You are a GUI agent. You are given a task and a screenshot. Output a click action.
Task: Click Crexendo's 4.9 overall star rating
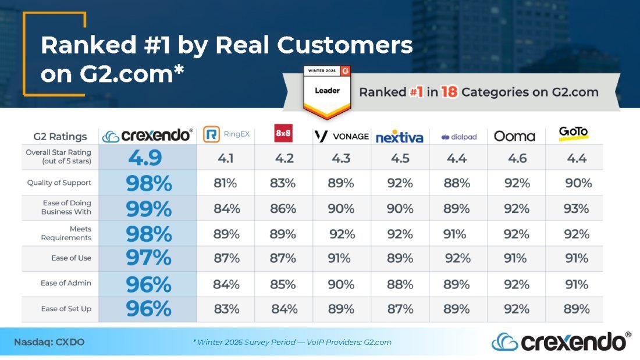point(145,158)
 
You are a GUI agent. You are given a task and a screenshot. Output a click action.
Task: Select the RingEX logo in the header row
point(226,134)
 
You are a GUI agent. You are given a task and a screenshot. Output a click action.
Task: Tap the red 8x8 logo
point(283,133)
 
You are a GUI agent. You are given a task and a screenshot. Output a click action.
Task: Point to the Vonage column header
point(341,136)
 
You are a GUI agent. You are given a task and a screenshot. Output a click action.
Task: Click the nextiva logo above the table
point(399,137)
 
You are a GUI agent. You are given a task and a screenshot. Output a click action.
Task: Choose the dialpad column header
point(459,137)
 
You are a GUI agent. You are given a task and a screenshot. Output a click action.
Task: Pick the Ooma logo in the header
point(514,136)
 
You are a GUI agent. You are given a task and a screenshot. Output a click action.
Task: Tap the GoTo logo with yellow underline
point(574,133)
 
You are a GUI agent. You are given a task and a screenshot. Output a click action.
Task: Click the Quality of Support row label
point(59,183)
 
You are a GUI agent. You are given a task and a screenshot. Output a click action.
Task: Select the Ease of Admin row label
point(66,283)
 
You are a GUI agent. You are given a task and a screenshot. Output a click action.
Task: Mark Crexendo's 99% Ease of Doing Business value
point(148,209)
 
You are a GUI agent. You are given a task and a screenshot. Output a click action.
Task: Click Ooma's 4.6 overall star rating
point(517,158)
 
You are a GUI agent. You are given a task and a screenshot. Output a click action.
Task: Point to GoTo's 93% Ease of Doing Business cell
point(577,209)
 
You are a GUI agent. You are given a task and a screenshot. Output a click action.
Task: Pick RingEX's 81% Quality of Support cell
point(225,183)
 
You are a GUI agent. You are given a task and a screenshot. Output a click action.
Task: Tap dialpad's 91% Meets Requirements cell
point(455,234)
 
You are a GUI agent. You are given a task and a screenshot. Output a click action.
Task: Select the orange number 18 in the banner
point(449,92)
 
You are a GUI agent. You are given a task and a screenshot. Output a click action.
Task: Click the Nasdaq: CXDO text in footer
point(49,342)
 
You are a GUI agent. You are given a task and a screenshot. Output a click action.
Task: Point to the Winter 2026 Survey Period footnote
point(292,342)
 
